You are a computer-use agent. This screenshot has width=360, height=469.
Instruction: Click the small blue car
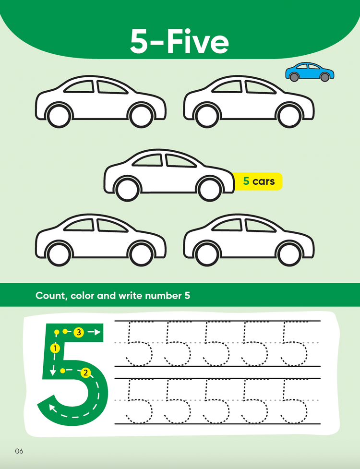(310, 72)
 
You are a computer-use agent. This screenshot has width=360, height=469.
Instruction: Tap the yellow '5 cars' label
(258, 181)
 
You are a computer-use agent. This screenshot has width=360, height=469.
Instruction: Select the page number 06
(19, 451)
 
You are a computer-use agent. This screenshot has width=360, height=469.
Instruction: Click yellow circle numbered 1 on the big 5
(55, 348)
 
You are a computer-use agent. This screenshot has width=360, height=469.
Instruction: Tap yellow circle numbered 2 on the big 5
(86, 373)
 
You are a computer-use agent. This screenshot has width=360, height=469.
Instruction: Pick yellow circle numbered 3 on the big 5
(79, 332)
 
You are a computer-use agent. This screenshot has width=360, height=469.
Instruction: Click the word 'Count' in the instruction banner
(51, 296)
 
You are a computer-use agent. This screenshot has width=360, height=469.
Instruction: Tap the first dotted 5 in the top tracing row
(138, 343)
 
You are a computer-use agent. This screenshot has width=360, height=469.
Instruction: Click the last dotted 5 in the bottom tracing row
(294, 401)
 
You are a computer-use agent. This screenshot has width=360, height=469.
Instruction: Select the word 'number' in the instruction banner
(162, 296)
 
